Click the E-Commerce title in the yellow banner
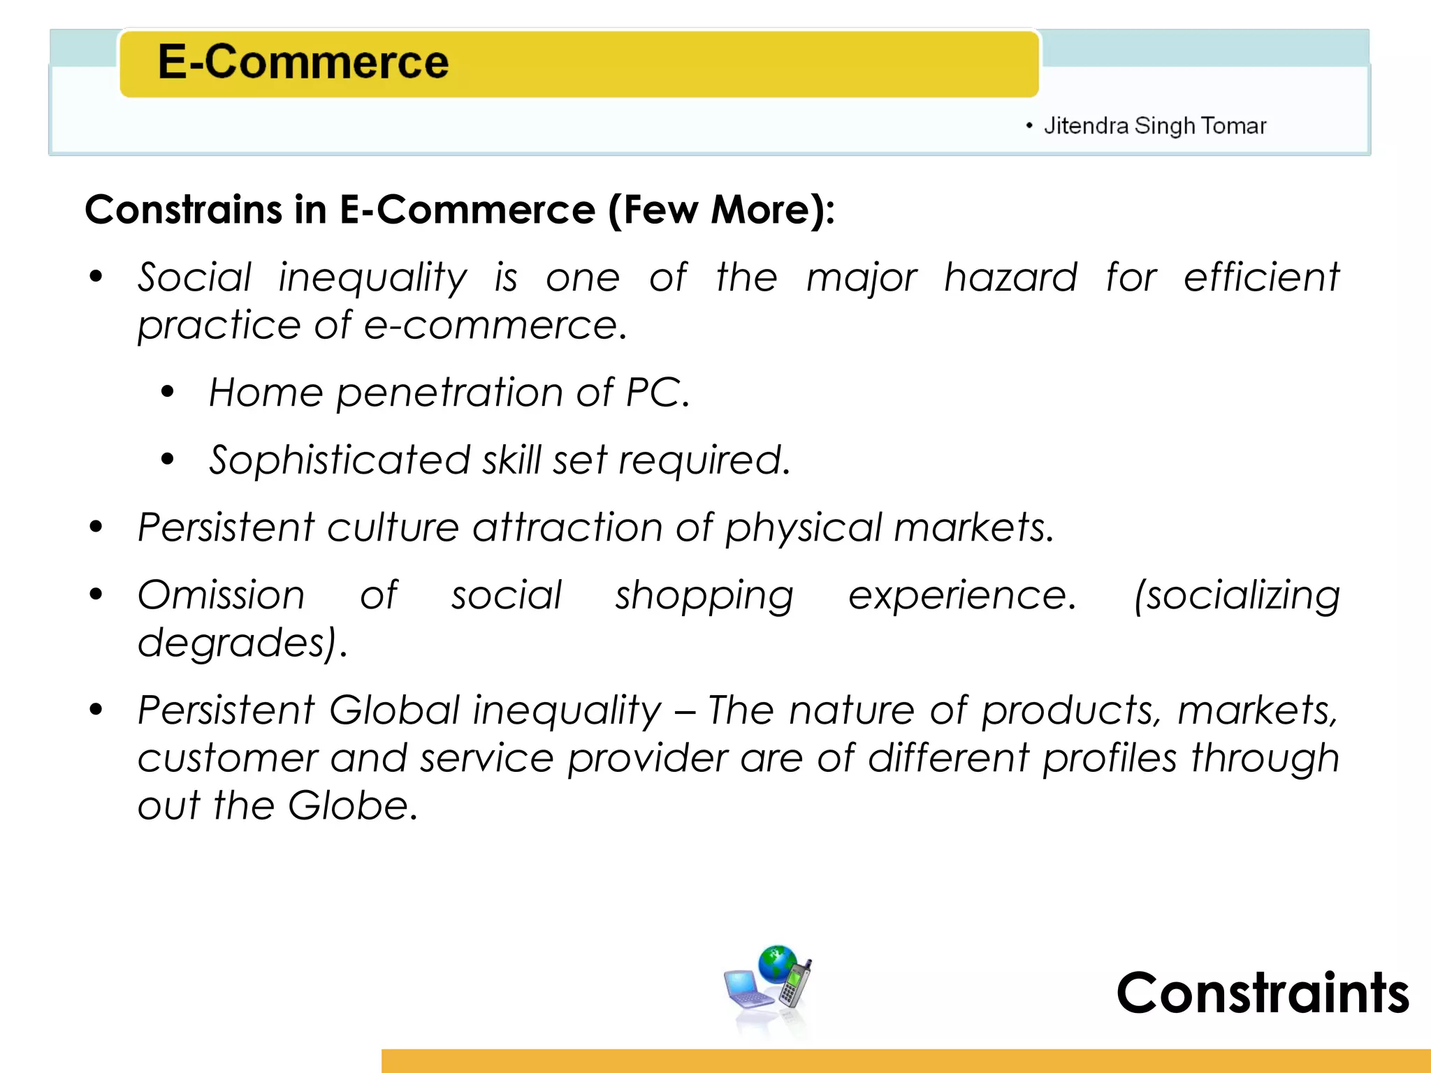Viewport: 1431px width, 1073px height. pos(303,62)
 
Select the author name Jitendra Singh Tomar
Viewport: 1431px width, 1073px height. pos(1154,126)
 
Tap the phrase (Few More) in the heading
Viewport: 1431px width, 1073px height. pos(720,210)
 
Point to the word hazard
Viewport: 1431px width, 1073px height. pos(1010,277)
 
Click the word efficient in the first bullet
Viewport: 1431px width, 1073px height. pos(1261,277)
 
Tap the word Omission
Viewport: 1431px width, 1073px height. pos(221,595)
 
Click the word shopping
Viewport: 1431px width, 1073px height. pos(704,597)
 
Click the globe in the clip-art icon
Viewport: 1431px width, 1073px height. pos(777,963)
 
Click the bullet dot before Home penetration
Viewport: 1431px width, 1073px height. pos(167,393)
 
